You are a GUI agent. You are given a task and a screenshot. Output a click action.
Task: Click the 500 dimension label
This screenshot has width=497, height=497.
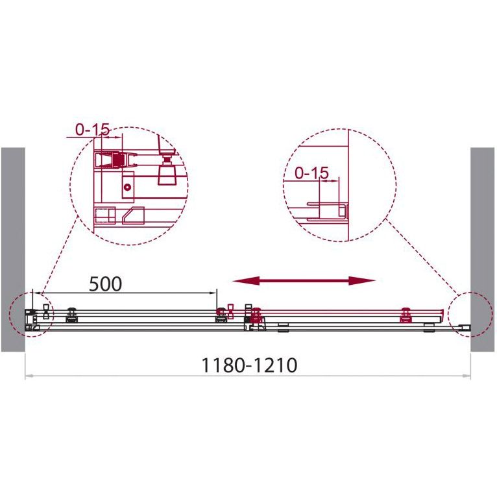[x=106, y=284]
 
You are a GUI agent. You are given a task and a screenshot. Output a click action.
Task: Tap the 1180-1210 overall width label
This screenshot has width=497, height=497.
[x=249, y=365]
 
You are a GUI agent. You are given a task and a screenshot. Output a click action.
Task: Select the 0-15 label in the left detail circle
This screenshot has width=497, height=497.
[x=93, y=129]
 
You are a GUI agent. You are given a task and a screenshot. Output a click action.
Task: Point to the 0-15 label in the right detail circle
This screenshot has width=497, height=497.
[x=311, y=173]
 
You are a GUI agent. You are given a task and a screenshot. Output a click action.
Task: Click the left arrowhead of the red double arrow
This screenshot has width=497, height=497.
[x=246, y=280]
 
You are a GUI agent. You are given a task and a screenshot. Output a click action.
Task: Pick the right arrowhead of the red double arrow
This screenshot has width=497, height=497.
[x=362, y=280]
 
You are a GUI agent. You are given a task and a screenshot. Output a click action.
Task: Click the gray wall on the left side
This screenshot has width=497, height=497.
[x=13, y=249]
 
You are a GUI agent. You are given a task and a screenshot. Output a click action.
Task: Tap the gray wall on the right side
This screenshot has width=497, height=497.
[x=482, y=249]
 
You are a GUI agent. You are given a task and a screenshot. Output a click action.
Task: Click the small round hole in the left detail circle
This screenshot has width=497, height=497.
[x=128, y=188]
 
